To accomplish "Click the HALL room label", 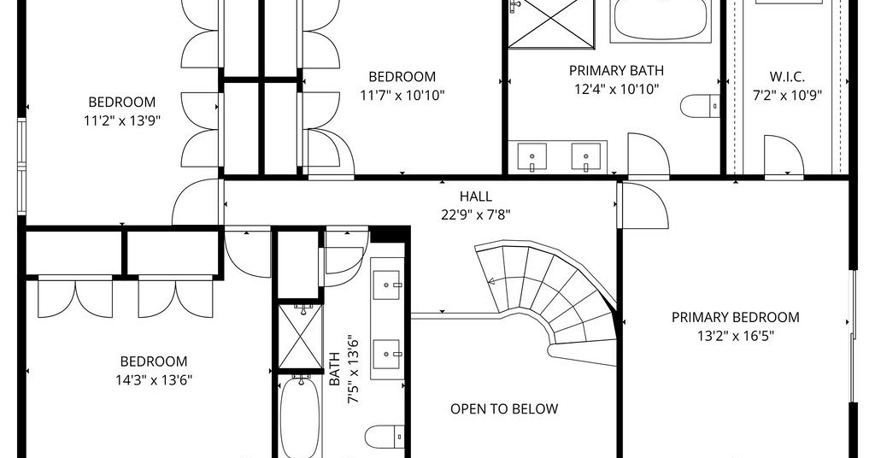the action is [475, 197].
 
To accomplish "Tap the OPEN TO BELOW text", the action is [504, 409].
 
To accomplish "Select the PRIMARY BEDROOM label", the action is [735, 317].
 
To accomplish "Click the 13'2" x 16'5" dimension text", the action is [735, 336].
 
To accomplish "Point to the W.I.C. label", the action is [787, 77].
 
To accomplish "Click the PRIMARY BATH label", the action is [617, 71].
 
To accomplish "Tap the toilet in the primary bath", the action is [700, 106].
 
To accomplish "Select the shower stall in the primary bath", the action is [550, 24].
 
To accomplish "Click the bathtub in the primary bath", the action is [661, 21].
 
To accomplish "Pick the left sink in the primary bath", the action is [531, 156].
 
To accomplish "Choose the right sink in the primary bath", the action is [586, 156].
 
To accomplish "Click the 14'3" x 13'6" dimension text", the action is [154, 380].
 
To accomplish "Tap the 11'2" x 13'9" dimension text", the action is [122, 120].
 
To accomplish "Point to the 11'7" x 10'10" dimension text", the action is [402, 95].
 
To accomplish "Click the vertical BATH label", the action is [334, 369].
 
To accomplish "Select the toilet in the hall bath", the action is [385, 437].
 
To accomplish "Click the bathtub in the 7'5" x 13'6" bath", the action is [300, 415].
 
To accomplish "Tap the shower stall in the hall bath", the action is [300, 337].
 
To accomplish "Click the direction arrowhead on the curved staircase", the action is [492, 281].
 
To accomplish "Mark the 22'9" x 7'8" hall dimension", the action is [475, 214].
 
